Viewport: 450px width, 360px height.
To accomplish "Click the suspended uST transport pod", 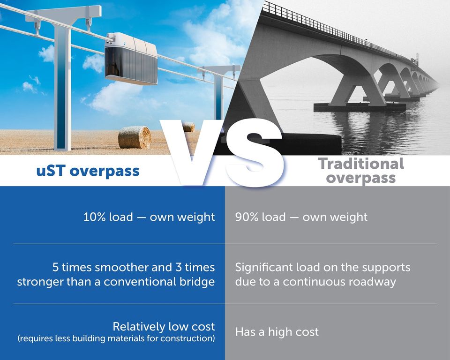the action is point(131,59).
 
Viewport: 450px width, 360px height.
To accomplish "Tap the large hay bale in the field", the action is point(135,137).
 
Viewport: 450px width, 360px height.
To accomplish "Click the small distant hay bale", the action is point(188,127).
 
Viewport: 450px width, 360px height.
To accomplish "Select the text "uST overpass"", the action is point(88,171).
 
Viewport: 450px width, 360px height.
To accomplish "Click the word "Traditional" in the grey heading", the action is point(361,164).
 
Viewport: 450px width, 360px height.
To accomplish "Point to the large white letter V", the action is point(194,152).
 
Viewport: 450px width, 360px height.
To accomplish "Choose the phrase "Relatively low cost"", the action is point(164,326).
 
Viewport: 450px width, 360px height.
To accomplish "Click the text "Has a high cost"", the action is point(277,332).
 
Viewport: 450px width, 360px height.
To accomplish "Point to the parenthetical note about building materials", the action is point(116,338).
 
